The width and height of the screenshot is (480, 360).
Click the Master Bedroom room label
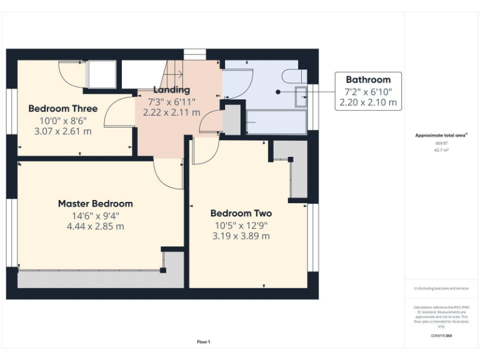pyautogui.click(x=95, y=204)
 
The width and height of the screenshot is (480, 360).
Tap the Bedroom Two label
pyautogui.click(x=241, y=213)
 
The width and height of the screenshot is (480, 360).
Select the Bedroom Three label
pyautogui.click(x=62, y=109)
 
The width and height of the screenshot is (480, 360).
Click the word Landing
pyautogui.click(x=171, y=90)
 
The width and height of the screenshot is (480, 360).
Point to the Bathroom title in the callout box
pyautogui.click(x=368, y=80)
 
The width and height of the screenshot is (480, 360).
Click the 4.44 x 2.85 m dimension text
pyautogui.click(x=95, y=226)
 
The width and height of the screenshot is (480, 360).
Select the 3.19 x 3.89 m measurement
pyautogui.click(x=241, y=236)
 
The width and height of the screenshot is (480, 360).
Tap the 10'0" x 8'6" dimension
pyautogui.click(x=62, y=120)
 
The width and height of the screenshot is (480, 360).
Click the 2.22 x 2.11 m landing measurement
pyautogui.click(x=171, y=112)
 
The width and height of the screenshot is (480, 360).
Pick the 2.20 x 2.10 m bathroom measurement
pyautogui.click(x=368, y=102)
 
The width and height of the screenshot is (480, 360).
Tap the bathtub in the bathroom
pyautogui.click(x=275, y=122)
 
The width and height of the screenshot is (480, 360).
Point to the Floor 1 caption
pyautogui.click(x=204, y=342)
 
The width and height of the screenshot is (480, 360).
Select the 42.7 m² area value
pyautogui.click(x=441, y=150)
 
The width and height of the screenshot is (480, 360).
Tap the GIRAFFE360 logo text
pyautogui.click(x=441, y=336)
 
